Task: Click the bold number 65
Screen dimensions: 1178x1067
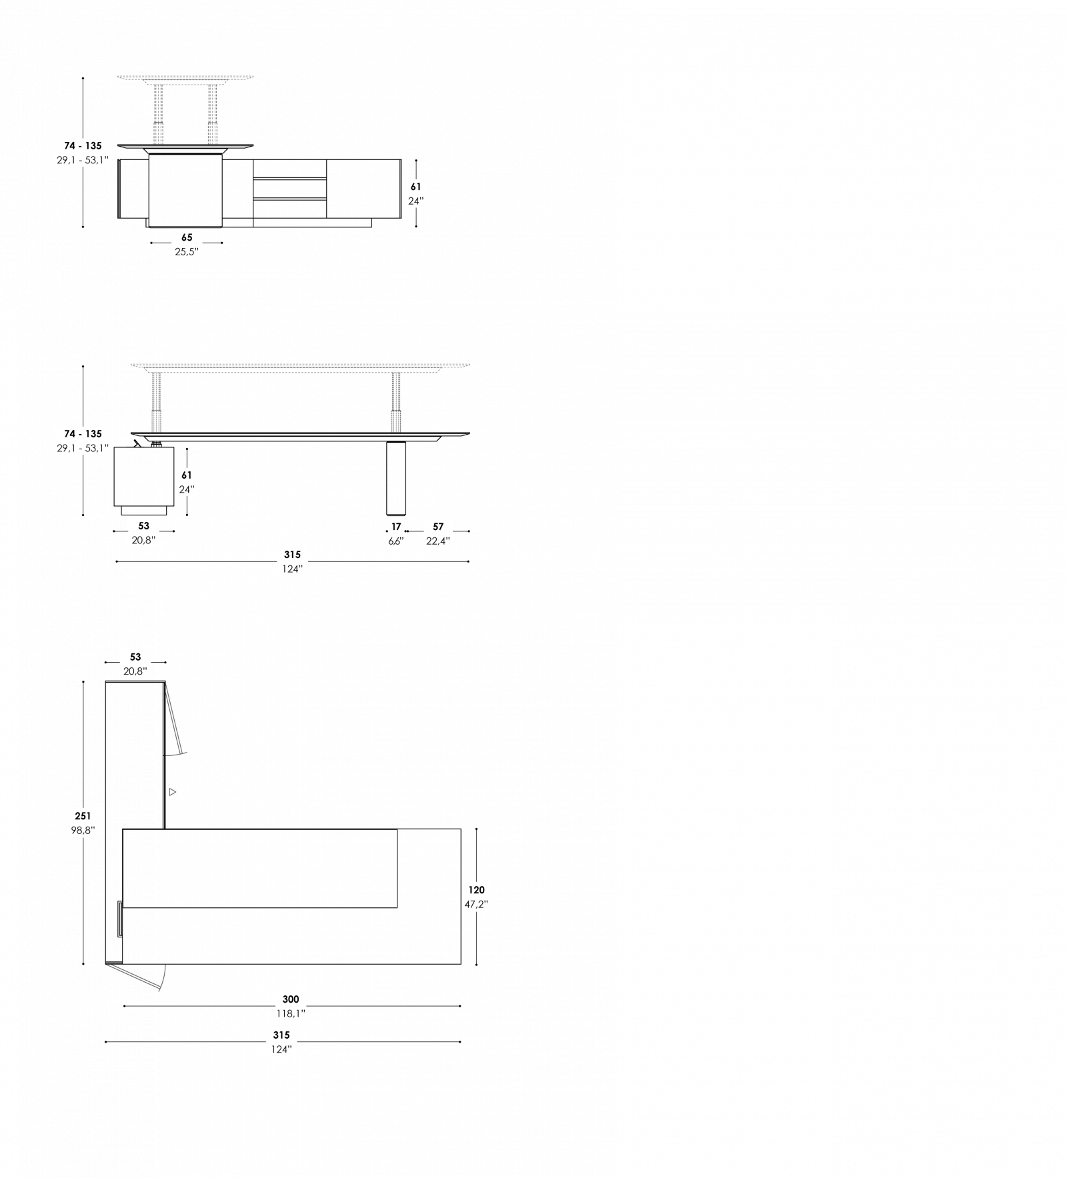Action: tap(187, 237)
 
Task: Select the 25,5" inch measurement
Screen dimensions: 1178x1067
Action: tap(187, 252)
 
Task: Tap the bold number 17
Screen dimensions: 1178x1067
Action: tap(396, 527)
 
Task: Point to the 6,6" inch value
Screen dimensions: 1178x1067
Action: tap(396, 541)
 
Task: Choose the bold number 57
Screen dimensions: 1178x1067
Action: tap(438, 527)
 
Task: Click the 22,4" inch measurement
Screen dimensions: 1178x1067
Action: tap(438, 541)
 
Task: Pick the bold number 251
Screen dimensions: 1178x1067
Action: tap(83, 816)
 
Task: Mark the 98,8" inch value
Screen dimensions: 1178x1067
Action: tap(83, 831)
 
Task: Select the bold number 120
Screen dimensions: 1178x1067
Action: tap(476, 890)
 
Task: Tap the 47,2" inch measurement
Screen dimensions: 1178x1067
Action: tap(476, 905)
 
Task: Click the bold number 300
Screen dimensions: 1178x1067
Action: tap(291, 999)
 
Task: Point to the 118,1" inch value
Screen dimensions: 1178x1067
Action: tap(291, 1014)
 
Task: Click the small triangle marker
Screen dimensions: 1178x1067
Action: tap(172, 792)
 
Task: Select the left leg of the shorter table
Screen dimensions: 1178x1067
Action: tap(158, 113)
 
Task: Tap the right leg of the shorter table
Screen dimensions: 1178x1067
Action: tap(212, 113)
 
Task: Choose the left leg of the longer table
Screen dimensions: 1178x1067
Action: tap(156, 402)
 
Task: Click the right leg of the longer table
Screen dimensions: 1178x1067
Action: tap(396, 402)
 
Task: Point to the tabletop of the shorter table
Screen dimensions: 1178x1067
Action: tap(186, 77)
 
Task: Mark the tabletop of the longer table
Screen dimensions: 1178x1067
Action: tap(300, 365)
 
